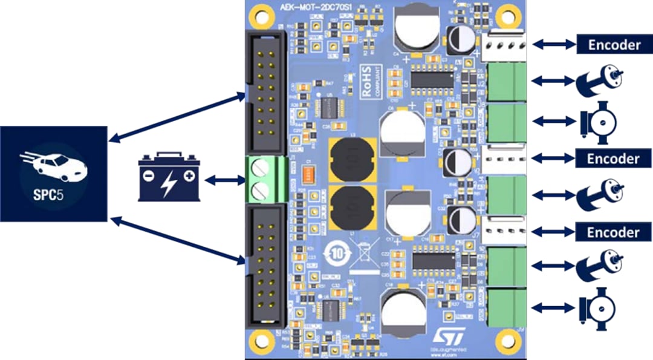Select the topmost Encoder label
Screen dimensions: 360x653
point(613,44)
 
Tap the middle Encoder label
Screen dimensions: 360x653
point(613,159)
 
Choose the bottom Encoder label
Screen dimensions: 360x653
point(613,232)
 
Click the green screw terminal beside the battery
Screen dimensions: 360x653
point(264,179)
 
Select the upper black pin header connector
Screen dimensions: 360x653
point(265,91)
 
